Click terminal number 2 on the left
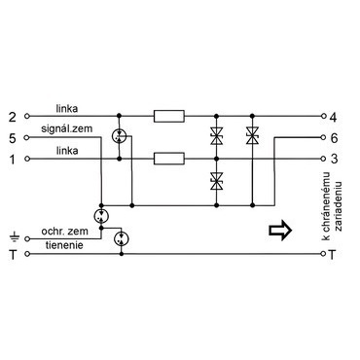pos(12,117)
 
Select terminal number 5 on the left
pos(12,138)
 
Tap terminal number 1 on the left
pos(12,160)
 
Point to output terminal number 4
pos(334,117)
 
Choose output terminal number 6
pos(334,138)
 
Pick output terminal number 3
pos(334,159)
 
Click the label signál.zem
pos(66,128)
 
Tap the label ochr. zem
pos(64,232)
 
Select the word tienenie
pos(64,245)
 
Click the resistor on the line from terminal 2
pos(169,116)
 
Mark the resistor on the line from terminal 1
pos(169,159)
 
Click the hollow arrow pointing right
pos(280,230)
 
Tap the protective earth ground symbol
pos(15,237)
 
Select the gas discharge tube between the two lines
pos(119,137)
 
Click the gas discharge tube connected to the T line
pos(122,239)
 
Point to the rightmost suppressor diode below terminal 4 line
pos(252,135)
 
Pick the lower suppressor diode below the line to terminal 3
pos(216,181)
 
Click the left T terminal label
pos(13,255)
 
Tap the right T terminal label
pos(332,255)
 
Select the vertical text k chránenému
pos(326,206)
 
